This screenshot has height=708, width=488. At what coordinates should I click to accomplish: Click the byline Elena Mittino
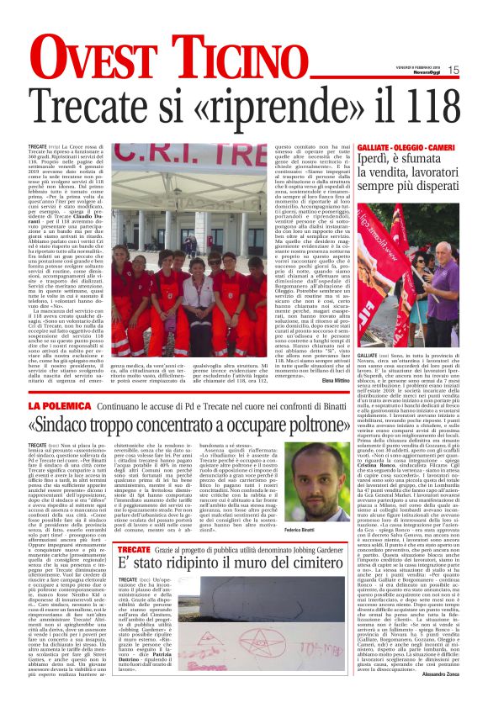(333, 381)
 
